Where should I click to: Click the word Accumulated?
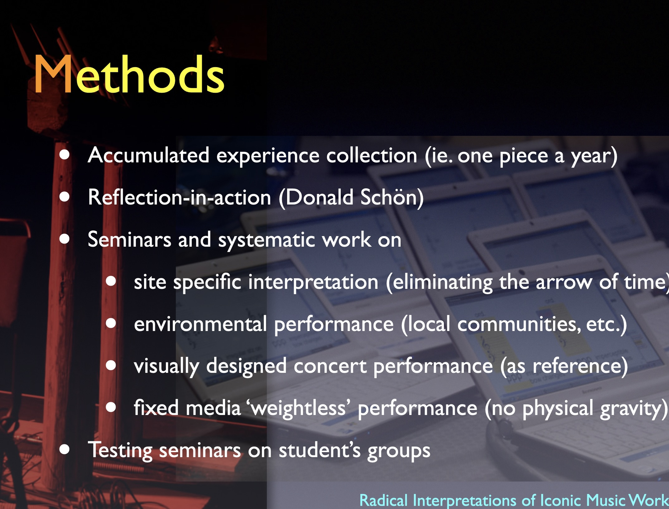(149, 155)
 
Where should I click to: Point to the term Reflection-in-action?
(179, 197)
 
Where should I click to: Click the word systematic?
(267, 240)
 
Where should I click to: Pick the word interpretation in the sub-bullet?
(313, 282)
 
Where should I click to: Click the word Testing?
(120, 450)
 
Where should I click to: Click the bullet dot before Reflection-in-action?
(65, 197)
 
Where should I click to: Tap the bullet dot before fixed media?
(111, 407)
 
